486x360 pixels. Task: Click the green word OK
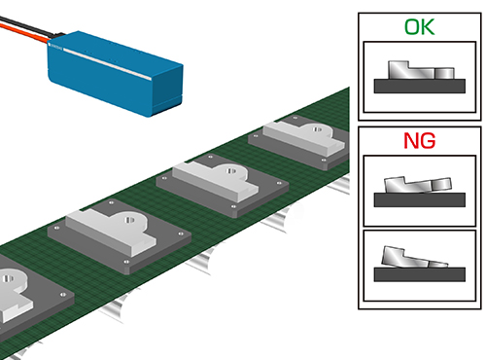[419, 27]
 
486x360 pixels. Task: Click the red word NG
[419, 141]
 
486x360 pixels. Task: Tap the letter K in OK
[428, 27]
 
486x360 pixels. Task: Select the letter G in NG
[428, 141]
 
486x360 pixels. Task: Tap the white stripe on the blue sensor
[107, 63]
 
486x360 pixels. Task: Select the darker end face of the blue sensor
[167, 89]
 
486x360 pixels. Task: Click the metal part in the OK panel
[421, 70]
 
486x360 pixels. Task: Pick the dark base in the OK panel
[420, 87]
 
